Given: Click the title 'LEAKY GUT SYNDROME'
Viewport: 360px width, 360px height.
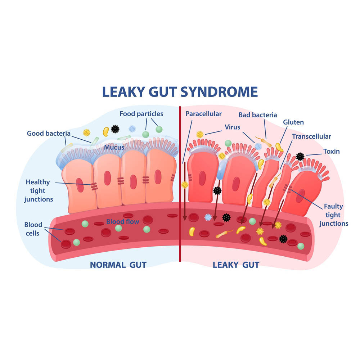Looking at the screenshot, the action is click(x=180, y=92).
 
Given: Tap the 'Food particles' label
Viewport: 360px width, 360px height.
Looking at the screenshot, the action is click(x=141, y=114).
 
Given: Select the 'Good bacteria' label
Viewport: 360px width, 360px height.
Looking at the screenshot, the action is click(x=49, y=134).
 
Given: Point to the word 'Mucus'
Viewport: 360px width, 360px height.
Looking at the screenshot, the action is click(x=114, y=147).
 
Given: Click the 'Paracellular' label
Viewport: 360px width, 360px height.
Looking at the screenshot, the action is click(x=203, y=114).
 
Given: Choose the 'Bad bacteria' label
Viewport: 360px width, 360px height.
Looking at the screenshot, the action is click(x=258, y=115).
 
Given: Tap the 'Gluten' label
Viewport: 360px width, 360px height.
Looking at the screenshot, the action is click(x=293, y=122).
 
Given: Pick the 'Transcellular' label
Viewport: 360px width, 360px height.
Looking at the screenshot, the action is click(x=311, y=136).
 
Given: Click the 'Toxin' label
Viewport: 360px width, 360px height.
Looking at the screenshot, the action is click(x=332, y=151).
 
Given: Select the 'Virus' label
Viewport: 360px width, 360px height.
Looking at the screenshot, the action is click(x=232, y=127).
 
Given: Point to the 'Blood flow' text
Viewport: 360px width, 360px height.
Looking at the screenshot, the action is click(x=123, y=221).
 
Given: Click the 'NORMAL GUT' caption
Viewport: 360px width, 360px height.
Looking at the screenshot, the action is click(x=118, y=265).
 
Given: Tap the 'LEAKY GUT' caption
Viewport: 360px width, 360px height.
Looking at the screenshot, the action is click(x=236, y=265).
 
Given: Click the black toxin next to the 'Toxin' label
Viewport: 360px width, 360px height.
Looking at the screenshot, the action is click(x=300, y=157).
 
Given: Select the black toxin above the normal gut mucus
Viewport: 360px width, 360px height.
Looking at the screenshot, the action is click(x=115, y=129).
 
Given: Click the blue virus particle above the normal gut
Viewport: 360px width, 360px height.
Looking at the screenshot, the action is click(x=132, y=129).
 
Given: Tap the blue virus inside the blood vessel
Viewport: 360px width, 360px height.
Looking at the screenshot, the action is click(x=208, y=217).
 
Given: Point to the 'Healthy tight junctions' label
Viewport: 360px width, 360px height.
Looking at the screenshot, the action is click(x=38, y=190).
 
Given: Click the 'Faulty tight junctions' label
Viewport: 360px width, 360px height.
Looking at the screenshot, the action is click(x=334, y=215).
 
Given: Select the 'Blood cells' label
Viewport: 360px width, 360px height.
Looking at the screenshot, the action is click(x=33, y=229).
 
